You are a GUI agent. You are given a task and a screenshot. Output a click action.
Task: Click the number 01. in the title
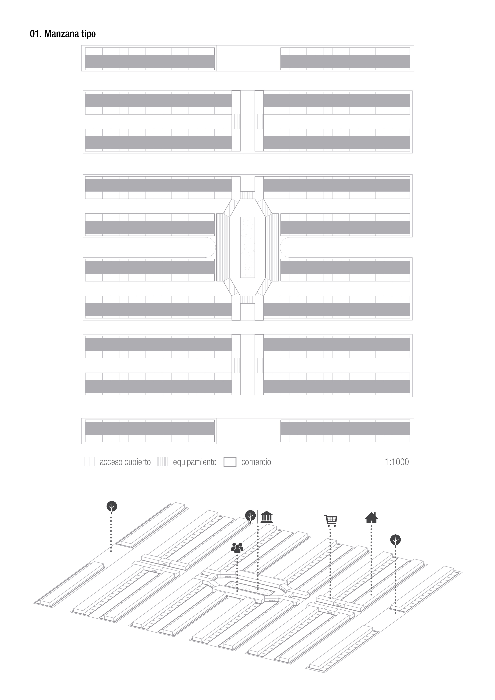click(x=36, y=34)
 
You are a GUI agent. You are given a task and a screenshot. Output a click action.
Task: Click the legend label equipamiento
click(x=195, y=462)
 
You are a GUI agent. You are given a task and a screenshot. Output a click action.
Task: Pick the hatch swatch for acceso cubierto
click(x=89, y=462)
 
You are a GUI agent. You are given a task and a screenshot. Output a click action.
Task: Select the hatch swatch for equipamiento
click(x=162, y=462)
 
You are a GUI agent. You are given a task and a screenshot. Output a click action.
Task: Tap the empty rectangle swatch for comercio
click(x=230, y=462)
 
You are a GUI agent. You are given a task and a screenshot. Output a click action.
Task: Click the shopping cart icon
click(x=331, y=521)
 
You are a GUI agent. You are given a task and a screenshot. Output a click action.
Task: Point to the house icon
click(x=371, y=517)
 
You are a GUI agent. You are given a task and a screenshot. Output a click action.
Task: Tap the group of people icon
click(x=237, y=548)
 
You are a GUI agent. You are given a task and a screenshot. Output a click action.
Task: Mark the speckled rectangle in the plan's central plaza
click(x=247, y=247)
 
